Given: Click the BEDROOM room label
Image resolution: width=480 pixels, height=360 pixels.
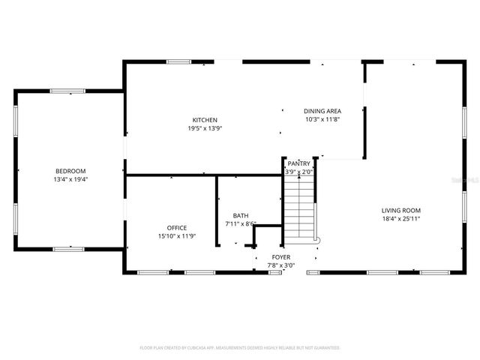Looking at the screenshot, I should (x=70, y=171).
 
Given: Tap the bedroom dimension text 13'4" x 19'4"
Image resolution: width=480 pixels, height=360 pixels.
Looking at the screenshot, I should (x=70, y=180).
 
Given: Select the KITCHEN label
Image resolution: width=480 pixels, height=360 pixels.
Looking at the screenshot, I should (x=205, y=120).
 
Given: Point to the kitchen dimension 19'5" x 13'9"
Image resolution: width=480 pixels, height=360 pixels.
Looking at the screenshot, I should (x=205, y=128).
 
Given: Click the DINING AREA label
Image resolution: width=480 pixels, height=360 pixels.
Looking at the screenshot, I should (x=322, y=110).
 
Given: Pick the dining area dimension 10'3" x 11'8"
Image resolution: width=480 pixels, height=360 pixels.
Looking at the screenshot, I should (x=322, y=118).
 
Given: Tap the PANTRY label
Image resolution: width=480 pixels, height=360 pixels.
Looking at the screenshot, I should (x=298, y=163).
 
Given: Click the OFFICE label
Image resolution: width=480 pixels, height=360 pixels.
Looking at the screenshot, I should (x=177, y=228).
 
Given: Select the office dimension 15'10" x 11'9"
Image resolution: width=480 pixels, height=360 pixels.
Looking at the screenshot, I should (x=177, y=236).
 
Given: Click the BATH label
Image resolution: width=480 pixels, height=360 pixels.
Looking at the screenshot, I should (x=241, y=215).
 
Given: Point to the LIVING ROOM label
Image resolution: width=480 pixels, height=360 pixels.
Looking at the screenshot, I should (x=401, y=211).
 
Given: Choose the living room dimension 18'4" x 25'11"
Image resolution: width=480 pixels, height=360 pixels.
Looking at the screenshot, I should (x=401, y=219).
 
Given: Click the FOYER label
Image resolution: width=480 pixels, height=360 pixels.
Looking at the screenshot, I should (x=281, y=256).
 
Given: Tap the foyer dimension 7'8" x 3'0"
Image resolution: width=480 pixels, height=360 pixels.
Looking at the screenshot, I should (x=281, y=265).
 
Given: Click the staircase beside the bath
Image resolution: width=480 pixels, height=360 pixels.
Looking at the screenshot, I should (x=299, y=210).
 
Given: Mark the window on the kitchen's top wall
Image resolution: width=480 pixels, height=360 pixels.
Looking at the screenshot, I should (x=178, y=62).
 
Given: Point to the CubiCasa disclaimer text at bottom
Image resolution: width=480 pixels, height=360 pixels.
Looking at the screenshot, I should (x=240, y=348).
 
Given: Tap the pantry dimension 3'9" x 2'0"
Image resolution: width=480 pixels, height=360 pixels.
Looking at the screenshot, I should (x=298, y=172).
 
